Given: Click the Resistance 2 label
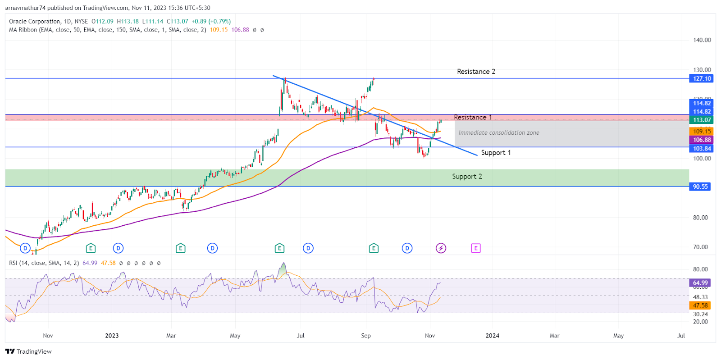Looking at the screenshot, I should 476,72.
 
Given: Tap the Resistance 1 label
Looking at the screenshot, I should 473,117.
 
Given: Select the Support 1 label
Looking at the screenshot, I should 496,153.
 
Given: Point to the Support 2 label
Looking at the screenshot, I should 467,177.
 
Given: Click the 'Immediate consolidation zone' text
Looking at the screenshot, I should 499,133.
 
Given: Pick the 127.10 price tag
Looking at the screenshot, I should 702,78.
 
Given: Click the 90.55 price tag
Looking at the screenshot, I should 700,187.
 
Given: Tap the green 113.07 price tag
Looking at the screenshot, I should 702,120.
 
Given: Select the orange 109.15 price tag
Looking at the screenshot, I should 702,131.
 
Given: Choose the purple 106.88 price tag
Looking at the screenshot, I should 702,140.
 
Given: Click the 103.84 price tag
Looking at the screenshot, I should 702,148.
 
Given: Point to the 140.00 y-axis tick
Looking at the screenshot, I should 702,40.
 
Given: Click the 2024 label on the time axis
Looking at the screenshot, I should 492,336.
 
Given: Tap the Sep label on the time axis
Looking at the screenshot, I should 366,336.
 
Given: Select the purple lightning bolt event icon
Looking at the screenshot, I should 441,248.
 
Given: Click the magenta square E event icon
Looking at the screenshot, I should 476,248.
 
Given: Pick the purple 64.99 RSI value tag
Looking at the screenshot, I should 700,283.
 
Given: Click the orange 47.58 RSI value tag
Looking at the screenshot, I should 700,305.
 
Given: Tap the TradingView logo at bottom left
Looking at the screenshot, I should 28,351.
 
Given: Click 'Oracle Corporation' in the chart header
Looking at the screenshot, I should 35,21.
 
